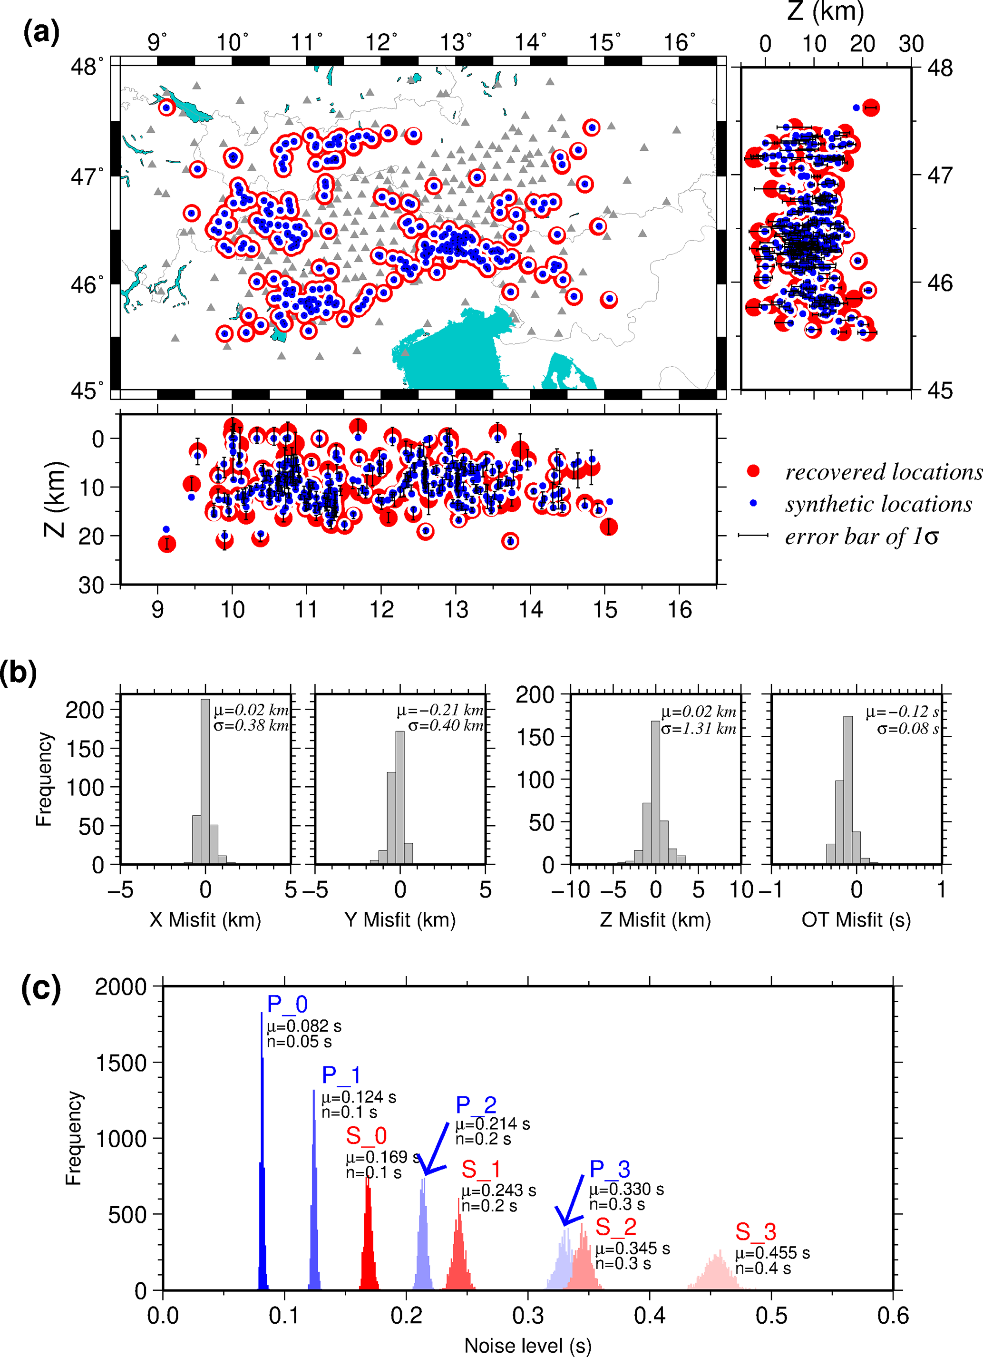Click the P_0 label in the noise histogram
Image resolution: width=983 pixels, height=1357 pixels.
point(287,1004)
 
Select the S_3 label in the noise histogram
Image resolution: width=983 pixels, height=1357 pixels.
point(756,1232)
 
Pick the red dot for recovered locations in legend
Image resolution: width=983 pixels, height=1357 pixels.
point(753,471)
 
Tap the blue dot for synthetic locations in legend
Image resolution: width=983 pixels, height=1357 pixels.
point(753,503)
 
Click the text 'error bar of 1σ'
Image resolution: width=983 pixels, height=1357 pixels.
point(862,536)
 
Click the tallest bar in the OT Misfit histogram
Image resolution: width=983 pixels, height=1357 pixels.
point(848,790)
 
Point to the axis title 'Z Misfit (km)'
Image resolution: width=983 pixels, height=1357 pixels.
point(655,919)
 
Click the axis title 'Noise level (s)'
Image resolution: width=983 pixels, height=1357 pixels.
point(528,1346)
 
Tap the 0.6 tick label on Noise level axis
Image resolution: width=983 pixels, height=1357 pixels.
point(893,1316)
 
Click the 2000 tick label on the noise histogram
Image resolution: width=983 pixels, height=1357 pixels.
point(121,986)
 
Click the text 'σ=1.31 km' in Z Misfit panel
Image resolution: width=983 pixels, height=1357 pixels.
point(698,728)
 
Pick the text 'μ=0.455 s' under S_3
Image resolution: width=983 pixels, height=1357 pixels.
point(772,1253)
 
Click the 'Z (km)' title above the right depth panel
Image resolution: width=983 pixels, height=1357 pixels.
point(825,12)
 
